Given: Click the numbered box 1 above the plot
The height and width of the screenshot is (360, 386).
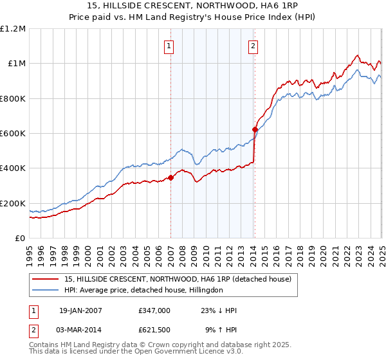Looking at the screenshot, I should (169, 46).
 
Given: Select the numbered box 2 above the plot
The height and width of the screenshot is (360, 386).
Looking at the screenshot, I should (253, 46).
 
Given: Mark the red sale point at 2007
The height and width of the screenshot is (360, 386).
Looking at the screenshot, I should (170, 177).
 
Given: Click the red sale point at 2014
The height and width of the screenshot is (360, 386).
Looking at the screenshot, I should (255, 130).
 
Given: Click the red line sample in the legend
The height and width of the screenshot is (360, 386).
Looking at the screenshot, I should (46, 279).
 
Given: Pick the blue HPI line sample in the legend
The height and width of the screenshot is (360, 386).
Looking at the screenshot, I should (46, 290).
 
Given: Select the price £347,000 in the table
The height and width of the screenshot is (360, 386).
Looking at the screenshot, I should (154, 310).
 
